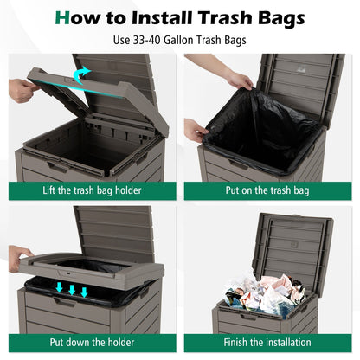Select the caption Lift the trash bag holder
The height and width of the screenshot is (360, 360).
(x=90, y=189)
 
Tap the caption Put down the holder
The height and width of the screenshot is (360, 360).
(x=90, y=343)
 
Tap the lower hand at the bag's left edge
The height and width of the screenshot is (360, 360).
(x=196, y=131)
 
